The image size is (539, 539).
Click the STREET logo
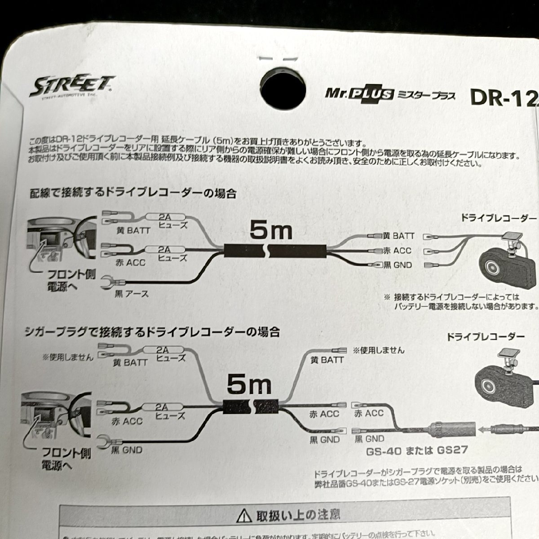(72, 86)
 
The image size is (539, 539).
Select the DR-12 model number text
(504, 97)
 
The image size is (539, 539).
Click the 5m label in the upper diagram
(270, 231)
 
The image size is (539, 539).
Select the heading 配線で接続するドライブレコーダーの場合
(133, 194)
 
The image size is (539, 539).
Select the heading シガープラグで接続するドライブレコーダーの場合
(153, 332)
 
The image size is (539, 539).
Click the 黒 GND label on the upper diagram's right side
(398, 265)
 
